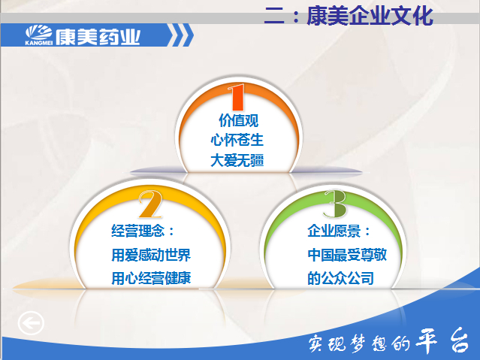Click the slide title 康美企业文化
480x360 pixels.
pyautogui.click(x=370, y=16)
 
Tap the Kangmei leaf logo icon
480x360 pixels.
pyautogui.click(x=38, y=32)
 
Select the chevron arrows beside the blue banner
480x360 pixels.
pyautogui.click(x=181, y=35)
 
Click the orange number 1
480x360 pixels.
pyautogui.click(x=237, y=97)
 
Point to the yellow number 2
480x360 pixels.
pyautogui.click(x=150, y=204)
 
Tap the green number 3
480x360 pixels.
pyautogui.click(x=336, y=204)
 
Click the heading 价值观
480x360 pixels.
pyautogui.click(x=238, y=120)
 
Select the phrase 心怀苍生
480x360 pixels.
pyautogui.click(x=237, y=140)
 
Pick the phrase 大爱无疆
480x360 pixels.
pyautogui.click(x=237, y=160)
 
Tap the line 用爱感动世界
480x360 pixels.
pyautogui.click(x=151, y=255)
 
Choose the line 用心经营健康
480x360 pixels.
pyautogui.click(x=151, y=278)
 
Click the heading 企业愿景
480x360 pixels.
pyautogui.click(x=339, y=231)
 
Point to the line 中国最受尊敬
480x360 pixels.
pyautogui.click(x=347, y=255)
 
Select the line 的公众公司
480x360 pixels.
pyautogui.click(x=340, y=278)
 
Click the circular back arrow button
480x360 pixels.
pyautogui.click(x=31, y=323)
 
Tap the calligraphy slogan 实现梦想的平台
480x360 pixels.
pyautogui.click(x=389, y=340)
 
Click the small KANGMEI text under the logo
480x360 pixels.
pyautogui.click(x=38, y=43)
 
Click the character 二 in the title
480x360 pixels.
pyautogui.click(x=275, y=15)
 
